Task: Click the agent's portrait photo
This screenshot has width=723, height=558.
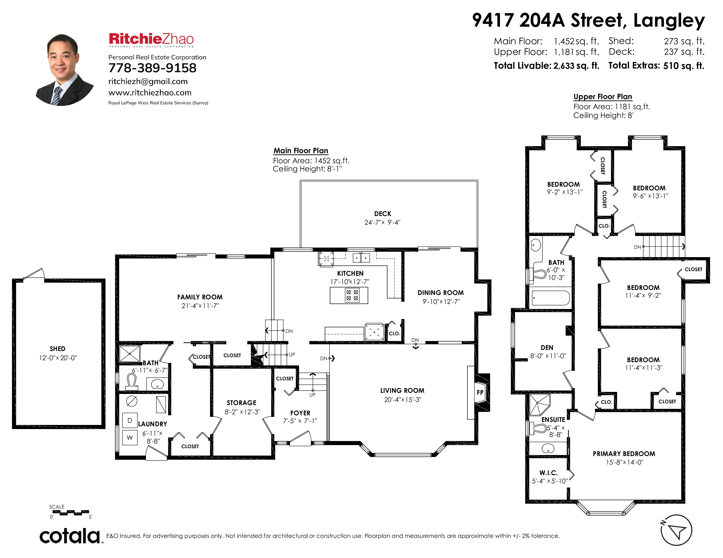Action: [65, 70]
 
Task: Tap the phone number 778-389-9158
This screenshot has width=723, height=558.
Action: [152, 68]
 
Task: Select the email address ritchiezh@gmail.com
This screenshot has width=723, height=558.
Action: [148, 81]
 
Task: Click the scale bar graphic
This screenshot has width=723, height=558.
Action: [71, 513]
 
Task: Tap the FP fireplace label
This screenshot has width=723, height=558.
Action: [480, 392]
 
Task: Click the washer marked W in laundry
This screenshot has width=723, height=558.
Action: [130, 437]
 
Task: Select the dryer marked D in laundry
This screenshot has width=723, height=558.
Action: [130, 421]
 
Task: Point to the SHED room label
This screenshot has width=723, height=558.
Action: [58, 349]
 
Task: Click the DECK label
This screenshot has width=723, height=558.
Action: [383, 214]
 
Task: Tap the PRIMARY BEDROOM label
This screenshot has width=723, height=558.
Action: [624, 454]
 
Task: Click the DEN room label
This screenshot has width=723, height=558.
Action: [547, 347]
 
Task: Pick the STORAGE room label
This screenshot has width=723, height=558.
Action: [242, 403]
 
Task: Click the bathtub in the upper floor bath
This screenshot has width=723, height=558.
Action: [550, 298]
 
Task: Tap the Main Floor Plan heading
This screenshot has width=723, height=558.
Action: [301, 151]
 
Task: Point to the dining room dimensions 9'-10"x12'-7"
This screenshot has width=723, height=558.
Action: [441, 302]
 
